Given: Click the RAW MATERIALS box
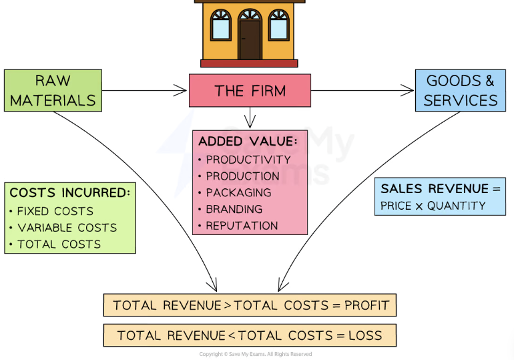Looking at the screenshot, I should coord(53,91).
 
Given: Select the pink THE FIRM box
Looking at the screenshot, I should coord(250,91).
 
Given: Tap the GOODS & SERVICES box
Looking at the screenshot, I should coord(461,91).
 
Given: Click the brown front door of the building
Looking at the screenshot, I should coord(250,40).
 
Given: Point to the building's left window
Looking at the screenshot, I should coord(220,25).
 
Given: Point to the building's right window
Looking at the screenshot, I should coord(279,25).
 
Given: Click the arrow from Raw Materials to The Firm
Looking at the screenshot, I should coord(144,90).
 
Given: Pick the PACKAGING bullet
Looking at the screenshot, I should coord(238,192).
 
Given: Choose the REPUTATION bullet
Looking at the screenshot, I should coord(241,226).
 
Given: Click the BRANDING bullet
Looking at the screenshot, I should coord(234,209).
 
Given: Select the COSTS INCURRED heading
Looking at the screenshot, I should coord(70,193).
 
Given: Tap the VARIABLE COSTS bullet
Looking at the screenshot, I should coord(67,228).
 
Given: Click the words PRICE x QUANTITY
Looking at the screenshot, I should coord(433,206).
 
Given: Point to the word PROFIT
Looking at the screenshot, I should coord(366,305).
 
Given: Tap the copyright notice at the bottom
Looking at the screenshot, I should coord(255,354).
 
